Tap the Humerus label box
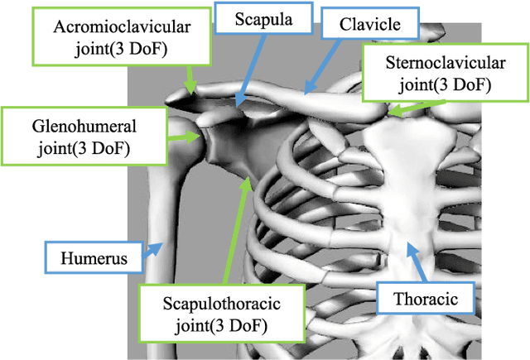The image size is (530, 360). [94, 259]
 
